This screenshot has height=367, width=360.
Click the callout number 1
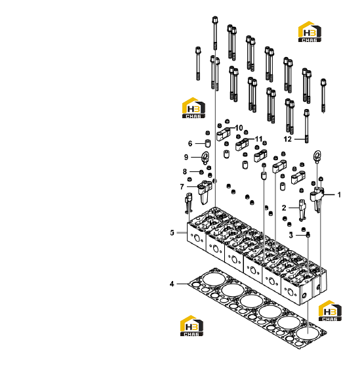[339, 195]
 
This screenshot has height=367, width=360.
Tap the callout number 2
[284, 208]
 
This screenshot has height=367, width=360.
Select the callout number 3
[290, 235]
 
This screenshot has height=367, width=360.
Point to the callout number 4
[172, 284]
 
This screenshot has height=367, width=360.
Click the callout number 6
[190, 144]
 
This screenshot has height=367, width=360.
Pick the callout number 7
[182, 186]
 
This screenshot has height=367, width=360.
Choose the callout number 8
[185, 172]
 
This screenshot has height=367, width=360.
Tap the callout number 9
[186, 157]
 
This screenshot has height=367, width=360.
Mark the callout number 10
[239, 128]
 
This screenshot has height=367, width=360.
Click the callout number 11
[258, 139]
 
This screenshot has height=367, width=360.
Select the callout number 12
[288, 139]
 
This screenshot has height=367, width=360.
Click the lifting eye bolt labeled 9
[205, 158]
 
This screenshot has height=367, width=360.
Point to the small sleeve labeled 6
[208, 143]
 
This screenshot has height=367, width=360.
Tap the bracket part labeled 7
[205, 192]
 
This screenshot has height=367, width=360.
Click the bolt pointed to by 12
[306, 126]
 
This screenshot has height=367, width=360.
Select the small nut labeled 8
[201, 172]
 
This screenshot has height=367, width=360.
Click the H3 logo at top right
[310, 32]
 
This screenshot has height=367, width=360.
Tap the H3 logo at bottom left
[191, 326]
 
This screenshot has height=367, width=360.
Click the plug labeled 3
[308, 235]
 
